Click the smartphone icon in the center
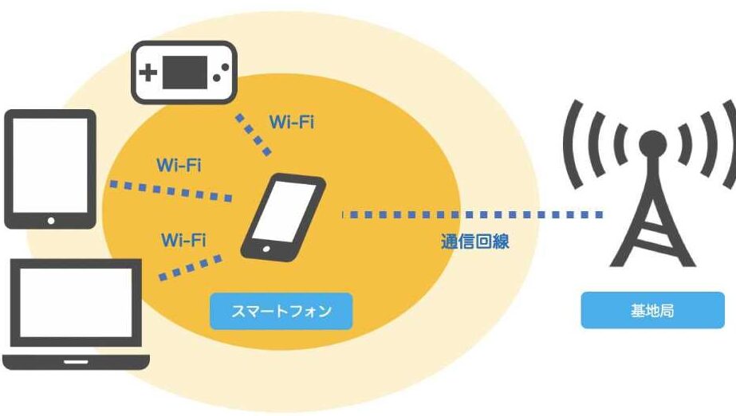[x=283, y=216]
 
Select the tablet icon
[x=51, y=169]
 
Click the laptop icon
[x=77, y=315]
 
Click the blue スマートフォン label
[x=281, y=311]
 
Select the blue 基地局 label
[x=652, y=310]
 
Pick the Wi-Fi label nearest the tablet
[x=179, y=166]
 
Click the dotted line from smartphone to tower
[x=470, y=214]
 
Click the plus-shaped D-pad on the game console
[x=149, y=74]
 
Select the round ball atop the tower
[x=652, y=142]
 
